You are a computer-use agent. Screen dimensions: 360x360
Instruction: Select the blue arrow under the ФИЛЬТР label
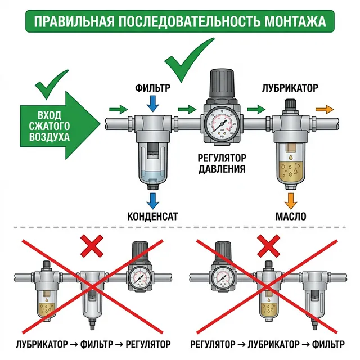tap(152, 103)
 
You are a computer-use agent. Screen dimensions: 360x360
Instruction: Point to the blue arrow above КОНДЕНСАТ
tap(152, 200)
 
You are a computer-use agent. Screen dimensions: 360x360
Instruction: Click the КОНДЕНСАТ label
tap(152, 217)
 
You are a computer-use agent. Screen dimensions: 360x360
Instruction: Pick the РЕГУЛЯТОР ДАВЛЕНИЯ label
tap(222, 163)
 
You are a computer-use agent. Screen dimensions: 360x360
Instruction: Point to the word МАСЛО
tap(290, 217)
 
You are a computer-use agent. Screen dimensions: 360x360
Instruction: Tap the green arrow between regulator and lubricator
tap(256, 109)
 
